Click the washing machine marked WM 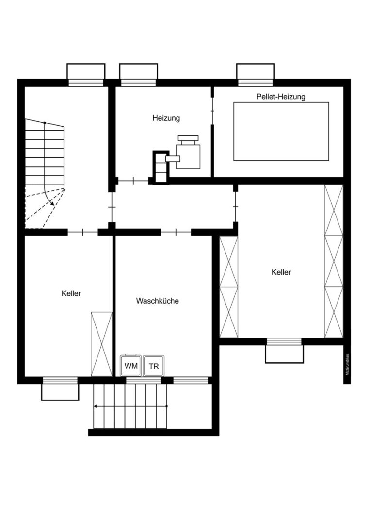pyautogui.click(x=131, y=365)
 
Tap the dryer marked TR pyautogui.click(x=154, y=366)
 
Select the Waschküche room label pyautogui.click(x=157, y=301)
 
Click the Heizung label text pyautogui.click(x=166, y=118)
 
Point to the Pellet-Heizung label pyautogui.click(x=281, y=97)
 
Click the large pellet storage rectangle pyautogui.click(x=281, y=131)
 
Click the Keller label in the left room pyautogui.click(x=71, y=293)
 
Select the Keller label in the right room pyautogui.click(x=281, y=272)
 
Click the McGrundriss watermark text pyautogui.click(x=347, y=365)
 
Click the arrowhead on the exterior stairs pyautogui.click(x=96, y=406)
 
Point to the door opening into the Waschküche pyautogui.click(x=176, y=231)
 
